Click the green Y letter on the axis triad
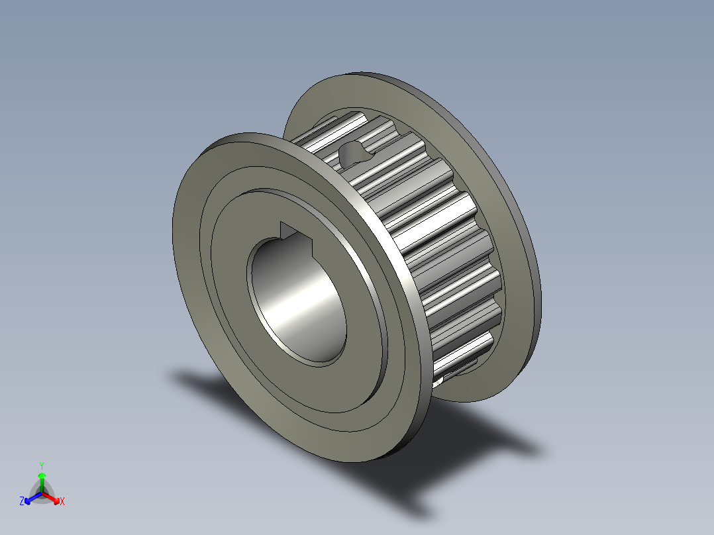42,465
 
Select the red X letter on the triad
62,502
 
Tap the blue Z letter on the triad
22,502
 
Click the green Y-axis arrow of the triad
42,479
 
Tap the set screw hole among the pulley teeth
354,154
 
